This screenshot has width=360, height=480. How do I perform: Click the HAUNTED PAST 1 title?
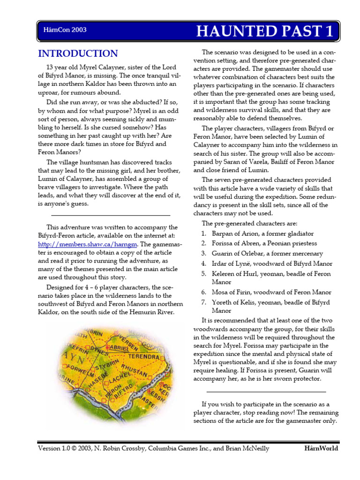pos(265,31)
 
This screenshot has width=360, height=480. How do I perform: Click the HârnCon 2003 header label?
pos(64,30)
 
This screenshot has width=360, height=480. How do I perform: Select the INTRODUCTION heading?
pos(78,53)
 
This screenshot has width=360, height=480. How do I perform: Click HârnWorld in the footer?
pos(321,448)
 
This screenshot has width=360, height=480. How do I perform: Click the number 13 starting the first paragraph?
pos(50,67)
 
